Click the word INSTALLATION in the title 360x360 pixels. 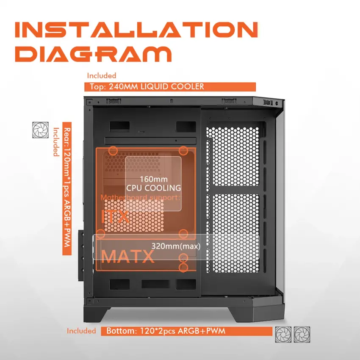pos(136,30)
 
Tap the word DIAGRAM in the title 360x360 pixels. pos(93,54)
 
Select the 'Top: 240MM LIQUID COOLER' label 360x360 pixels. pos(147,86)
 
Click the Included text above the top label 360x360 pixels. pos(102,75)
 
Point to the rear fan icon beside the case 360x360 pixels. pos(40,130)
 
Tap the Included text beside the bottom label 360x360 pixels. pos(81,331)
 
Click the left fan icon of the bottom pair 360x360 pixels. pos(283,335)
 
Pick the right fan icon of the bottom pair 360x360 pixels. pos(302,335)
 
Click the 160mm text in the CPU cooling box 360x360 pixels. pos(154,179)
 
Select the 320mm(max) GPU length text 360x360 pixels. pos(176,246)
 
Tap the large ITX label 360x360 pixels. pos(115,216)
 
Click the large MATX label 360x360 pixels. pos(127,257)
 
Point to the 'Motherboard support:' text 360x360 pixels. pos(141,197)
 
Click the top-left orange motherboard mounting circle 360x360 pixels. pos(113,151)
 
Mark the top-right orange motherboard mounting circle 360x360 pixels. pos(183,151)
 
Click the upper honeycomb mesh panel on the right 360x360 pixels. pos(233,156)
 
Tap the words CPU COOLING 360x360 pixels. pos(154,188)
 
